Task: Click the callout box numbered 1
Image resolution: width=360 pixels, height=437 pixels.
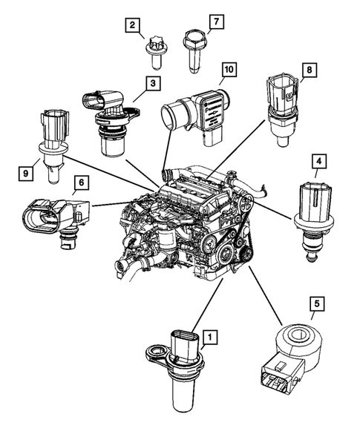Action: (x=212, y=338)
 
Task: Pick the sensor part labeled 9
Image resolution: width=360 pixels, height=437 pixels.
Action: (x=53, y=145)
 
